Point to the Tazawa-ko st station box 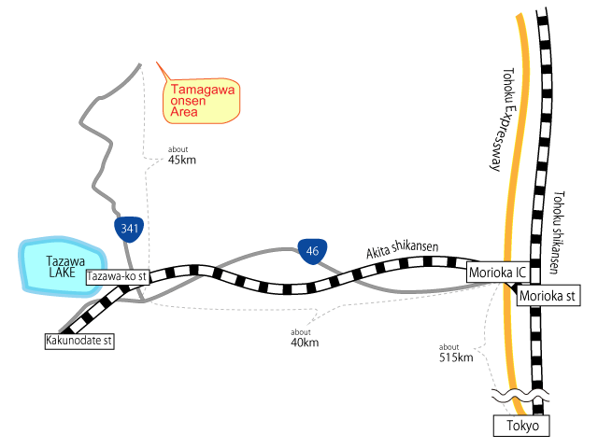tap(118, 277)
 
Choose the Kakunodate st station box tap(79, 343)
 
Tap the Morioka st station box tap(548, 296)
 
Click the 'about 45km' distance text tap(182, 155)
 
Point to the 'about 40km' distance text tap(304, 338)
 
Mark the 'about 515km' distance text tap(455, 353)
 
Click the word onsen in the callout tap(187, 100)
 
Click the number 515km tap(455, 357)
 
